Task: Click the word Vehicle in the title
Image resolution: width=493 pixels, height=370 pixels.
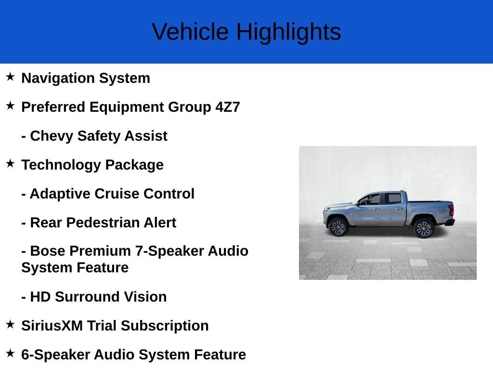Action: point(190,32)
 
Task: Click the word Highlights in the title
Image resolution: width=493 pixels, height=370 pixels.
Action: point(289,33)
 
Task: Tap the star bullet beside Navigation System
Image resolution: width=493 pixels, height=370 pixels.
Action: point(10,77)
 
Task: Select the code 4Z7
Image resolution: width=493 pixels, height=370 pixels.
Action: point(228,107)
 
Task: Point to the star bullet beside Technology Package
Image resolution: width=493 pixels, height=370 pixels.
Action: point(10,163)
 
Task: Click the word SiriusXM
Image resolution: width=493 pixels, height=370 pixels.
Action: point(52,326)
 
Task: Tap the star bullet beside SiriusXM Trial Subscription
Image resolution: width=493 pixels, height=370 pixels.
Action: point(10,324)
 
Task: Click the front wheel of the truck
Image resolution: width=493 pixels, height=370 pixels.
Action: point(338,227)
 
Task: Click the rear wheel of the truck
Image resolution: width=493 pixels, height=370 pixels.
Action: point(423,228)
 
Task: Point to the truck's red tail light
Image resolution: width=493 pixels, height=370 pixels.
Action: point(452,210)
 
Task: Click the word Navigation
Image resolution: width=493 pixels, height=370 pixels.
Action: point(58,79)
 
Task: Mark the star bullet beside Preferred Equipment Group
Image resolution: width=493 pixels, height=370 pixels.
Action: point(10,106)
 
